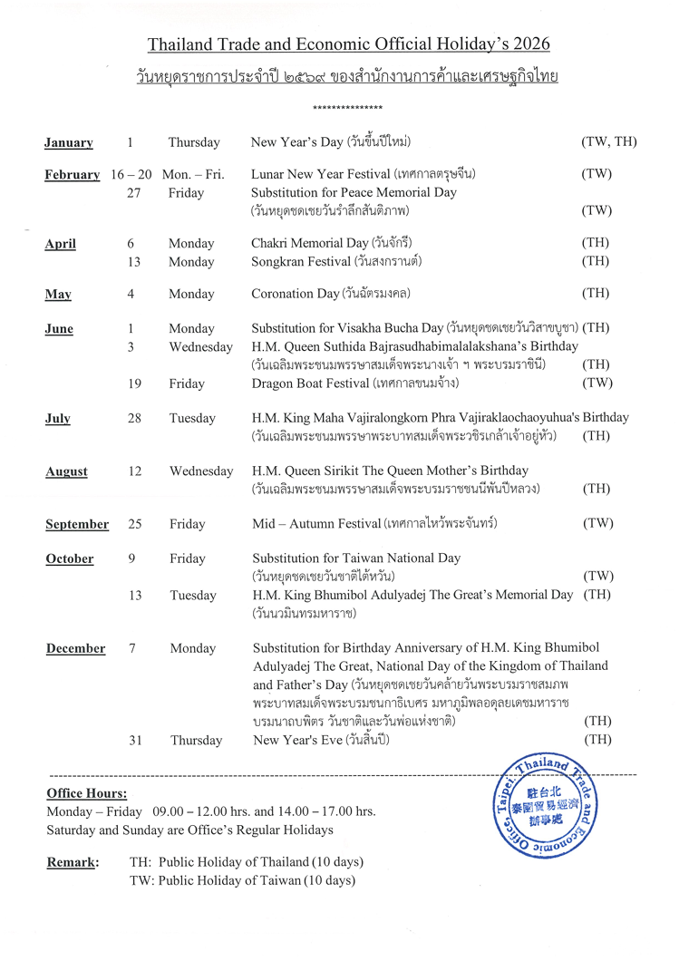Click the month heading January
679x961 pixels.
pos(69,142)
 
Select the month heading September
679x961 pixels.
pos(77,524)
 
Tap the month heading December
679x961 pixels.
pos(75,648)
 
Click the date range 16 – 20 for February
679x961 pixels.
pos(131,174)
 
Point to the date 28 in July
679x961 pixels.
pos(133,418)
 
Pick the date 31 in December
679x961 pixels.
pos(136,740)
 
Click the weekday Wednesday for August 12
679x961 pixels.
pos(201,471)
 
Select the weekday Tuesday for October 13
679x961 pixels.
pos(193,596)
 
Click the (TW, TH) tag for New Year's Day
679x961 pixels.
pos(608,142)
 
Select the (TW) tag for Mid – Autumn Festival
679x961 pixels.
pos(597,523)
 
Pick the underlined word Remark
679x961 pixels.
pos(73,862)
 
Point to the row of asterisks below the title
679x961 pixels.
pos(347,109)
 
